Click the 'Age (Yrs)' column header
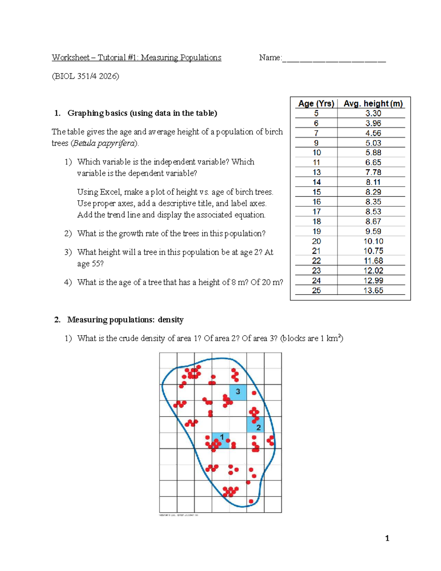316,104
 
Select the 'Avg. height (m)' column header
373,104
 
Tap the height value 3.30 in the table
373,114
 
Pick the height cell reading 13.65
373,290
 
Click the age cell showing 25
316,290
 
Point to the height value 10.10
373,241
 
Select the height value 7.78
373,172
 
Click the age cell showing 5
316,114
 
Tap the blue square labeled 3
238,392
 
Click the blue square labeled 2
255,425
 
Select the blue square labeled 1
221,440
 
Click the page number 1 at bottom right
387,538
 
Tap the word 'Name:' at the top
270,58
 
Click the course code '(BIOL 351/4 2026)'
85,76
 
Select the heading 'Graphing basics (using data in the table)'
142,113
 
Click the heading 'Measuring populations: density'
125,320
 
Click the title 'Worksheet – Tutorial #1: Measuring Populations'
136,58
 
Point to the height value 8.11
373,182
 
